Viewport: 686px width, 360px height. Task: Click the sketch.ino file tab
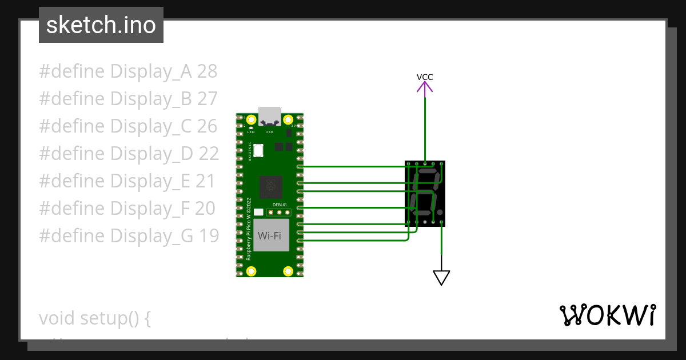[101, 25]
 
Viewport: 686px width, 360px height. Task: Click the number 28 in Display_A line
[207, 71]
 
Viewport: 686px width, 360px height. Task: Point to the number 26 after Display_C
[207, 126]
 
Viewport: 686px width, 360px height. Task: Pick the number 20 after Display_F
[205, 209]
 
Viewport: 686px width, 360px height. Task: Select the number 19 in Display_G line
[208, 235]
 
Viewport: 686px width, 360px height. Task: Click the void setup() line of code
[94, 318]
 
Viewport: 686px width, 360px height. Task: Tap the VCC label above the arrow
[424, 77]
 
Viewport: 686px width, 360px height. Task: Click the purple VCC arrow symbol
[424, 87]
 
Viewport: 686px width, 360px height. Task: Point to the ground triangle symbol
[441, 277]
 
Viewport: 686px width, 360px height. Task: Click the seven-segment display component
[425, 194]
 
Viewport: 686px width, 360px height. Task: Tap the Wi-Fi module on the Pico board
[270, 235]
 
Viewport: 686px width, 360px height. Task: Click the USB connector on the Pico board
[269, 117]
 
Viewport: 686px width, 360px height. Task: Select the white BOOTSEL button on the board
[258, 150]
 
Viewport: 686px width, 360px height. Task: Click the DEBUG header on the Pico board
[280, 212]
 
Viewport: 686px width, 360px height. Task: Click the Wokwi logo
[607, 315]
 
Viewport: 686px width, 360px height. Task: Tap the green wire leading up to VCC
[425, 126]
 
